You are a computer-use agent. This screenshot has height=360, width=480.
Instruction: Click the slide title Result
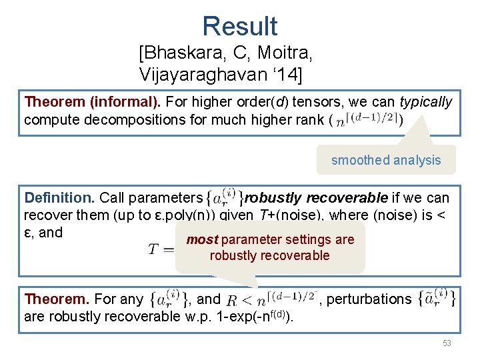pyautogui.click(x=240, y=26)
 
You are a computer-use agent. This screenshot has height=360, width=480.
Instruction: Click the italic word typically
pyautogui.click(x=425, y=102)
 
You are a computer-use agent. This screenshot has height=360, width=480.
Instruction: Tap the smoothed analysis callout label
pyautogui.click(x=386, y=160)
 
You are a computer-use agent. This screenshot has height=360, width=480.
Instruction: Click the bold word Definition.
pyautogui.click(x=59, y=198)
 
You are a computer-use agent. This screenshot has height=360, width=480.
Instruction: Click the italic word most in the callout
pyautogui.click(x=202, y=239)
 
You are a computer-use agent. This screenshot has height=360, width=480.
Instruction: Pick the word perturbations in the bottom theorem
pyautogui.click(x=369, y=299)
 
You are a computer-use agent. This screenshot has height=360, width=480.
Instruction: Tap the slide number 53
pyautogui.click(x=446, y=343)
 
